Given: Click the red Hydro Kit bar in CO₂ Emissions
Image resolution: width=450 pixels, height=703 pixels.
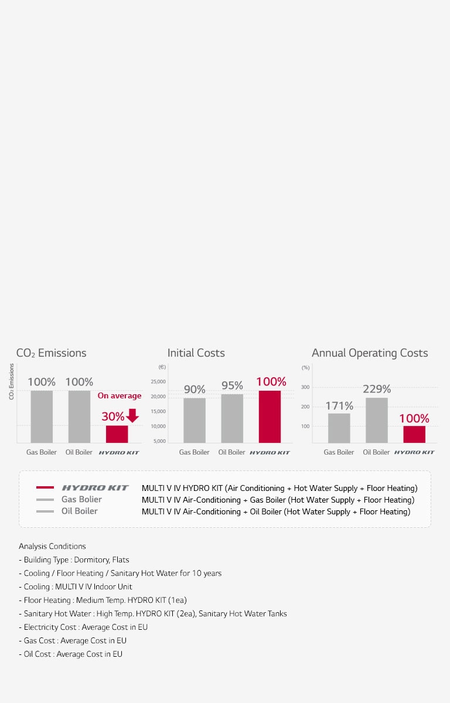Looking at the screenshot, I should (x=117, y=434).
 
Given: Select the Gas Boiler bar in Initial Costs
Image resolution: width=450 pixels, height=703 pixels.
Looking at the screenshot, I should (x=195, y=420).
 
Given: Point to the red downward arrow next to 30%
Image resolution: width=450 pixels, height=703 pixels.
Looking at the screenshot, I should (x=132, y=415).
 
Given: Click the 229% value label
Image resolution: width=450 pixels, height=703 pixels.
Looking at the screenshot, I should (x=377, y=389).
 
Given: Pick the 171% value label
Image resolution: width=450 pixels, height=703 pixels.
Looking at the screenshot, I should (x=339, y=405).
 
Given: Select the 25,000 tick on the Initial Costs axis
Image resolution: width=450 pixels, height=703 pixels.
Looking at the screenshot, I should (x=158, y=381).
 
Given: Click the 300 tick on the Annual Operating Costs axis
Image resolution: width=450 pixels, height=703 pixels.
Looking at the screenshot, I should (x=305, y=387).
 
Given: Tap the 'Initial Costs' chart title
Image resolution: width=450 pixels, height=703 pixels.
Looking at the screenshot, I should (x=196, y=353).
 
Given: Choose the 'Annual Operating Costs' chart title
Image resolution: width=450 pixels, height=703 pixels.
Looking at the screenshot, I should (x=370, y=353).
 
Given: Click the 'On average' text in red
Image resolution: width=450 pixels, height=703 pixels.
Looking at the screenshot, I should (x=120, y=396).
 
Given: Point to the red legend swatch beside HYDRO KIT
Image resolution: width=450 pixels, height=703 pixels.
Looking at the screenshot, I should (x=45, y=487).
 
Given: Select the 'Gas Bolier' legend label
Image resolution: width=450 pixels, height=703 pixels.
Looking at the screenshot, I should (x=81, y=500).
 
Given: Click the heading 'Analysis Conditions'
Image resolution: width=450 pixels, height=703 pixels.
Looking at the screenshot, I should (x=52, y=546).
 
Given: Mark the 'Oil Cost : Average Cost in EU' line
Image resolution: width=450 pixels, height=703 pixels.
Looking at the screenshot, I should (x=70, y=654).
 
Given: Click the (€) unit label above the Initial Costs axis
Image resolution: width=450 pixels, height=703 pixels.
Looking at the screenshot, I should (x=162, y=367).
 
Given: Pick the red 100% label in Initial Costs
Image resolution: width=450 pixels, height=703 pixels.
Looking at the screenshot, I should (x=271, y=382).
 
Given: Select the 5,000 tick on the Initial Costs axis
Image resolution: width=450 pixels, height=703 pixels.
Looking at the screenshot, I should (x=159, y=441).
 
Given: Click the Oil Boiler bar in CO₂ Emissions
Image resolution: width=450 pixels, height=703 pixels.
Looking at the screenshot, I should (x=79, y=417).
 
